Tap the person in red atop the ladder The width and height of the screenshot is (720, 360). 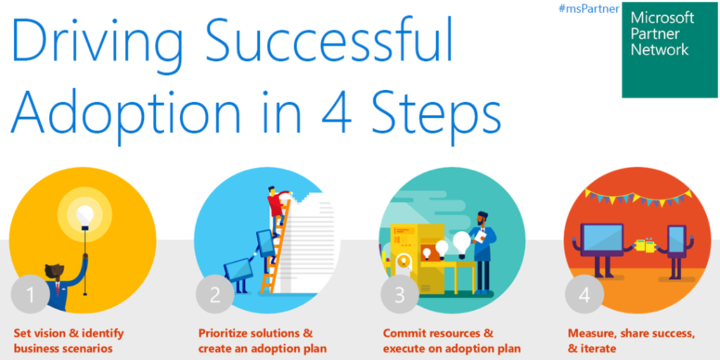click(276, 204)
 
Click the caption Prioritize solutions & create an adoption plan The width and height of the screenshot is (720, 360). click(262, 340)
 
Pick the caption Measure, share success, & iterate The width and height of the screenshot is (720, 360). click(631, 340)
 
